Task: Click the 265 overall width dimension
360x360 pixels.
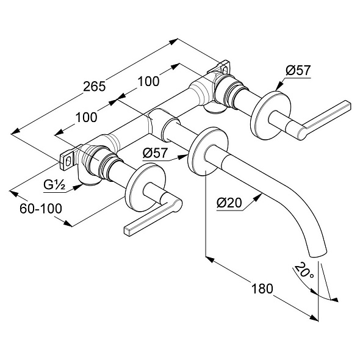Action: (x=94, y=87)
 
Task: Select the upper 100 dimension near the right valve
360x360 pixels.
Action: (x=148, y=82)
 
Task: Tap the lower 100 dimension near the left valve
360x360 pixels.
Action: (x=86, y=118)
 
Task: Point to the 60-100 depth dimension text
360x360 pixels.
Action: (x=41, y=209)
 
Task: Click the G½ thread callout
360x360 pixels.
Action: (x=54, y=185)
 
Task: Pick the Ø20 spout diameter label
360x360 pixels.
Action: (x=229, y=203)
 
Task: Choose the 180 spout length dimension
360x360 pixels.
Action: (x=262, y=289)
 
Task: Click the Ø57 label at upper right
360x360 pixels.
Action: (x=298, y=70)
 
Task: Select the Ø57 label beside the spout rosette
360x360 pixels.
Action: (x=155, y=153)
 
